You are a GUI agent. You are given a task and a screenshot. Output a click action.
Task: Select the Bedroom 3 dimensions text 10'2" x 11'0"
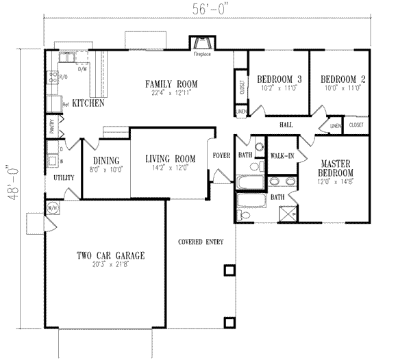click(276, 88)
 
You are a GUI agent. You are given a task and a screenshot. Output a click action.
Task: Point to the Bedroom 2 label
click(342, 79)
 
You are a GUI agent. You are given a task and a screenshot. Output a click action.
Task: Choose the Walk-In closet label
click(282, 157)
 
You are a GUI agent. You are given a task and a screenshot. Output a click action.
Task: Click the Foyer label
click(221, 155)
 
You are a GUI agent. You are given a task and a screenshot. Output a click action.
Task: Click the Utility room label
click(64, 177)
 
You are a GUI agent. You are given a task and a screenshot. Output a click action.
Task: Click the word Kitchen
click(88, 103)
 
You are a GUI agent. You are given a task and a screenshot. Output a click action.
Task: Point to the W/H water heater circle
click(52, 208)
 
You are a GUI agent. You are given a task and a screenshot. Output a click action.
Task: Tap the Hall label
click(286, 125)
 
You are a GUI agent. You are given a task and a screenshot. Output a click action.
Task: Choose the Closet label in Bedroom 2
click(356, 125)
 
